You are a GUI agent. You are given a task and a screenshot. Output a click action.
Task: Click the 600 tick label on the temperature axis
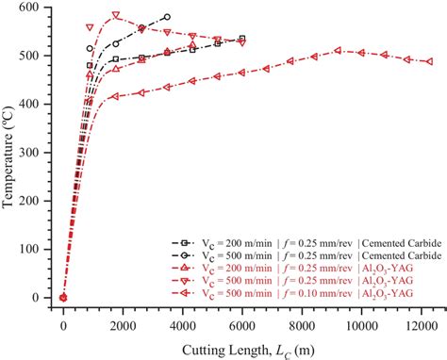(x=40, y=8)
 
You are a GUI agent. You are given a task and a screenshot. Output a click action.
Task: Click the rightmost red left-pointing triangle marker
(x=430, y=62)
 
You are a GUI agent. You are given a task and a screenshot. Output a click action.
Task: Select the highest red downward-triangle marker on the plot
(x=116, y=16)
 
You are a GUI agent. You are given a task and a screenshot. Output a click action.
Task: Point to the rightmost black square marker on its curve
(x=242, y=39)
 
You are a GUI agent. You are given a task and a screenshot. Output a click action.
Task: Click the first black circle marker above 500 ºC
(x=90, y=48)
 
